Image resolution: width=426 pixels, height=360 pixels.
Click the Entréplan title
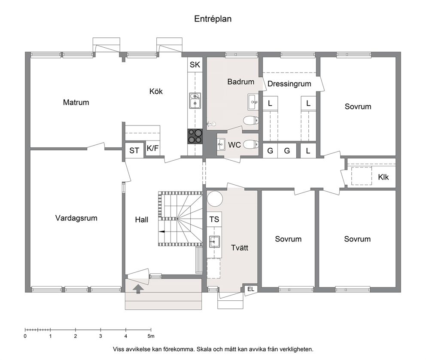(x=213, y=19)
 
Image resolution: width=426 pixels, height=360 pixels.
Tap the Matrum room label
(x=76, y=102)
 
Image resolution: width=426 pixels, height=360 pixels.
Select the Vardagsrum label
(x=76, y=218)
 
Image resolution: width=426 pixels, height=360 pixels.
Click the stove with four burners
(x=195, y=136)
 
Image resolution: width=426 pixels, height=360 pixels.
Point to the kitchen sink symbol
(x=195, y=101)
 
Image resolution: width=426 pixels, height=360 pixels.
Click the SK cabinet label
(x=195, y=65)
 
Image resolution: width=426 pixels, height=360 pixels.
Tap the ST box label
(x=134, y=150)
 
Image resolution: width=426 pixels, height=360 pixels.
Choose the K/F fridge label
(x=153, y=148)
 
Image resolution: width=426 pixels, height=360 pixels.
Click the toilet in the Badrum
(x=250, y=120)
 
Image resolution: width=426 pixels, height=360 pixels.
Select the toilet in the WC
(x=250, y=144)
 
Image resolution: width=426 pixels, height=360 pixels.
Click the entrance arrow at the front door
(x=138, y=289)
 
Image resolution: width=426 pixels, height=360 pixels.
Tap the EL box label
(x=251, y=290)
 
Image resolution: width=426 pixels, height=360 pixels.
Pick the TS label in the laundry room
(x=214, y=219)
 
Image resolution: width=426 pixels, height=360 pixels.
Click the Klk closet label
(x=383, y=177)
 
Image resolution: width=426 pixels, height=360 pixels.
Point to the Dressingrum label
(x=289, y=84)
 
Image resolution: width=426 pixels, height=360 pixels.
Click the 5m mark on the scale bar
(x=151, y=336)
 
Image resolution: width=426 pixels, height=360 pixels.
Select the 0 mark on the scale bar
(x=25, y=336)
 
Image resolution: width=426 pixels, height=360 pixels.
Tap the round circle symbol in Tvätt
(x=215, y=199)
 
